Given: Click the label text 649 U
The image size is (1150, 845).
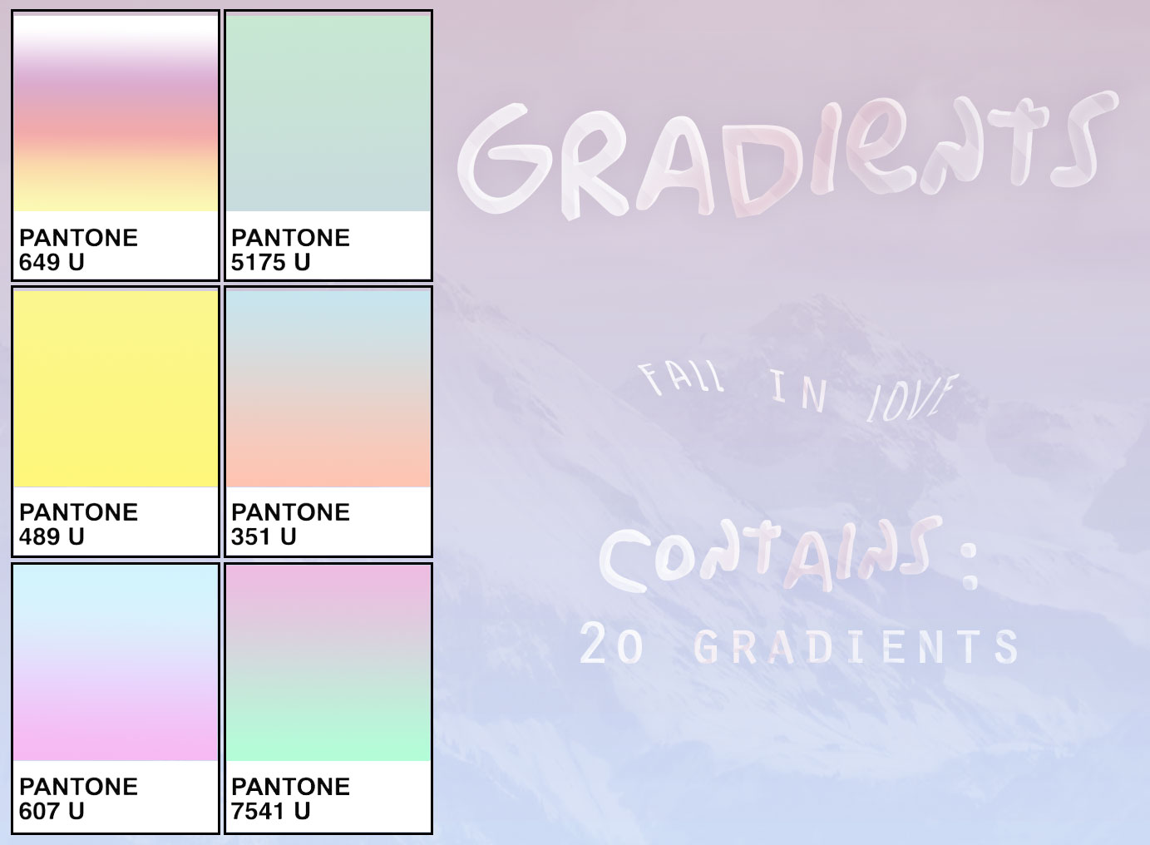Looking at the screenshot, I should click(x=52, y=263).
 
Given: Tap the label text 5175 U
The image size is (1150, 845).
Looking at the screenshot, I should click(x=270, y=263).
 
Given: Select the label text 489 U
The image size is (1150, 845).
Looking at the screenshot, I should click(x=52, y=537).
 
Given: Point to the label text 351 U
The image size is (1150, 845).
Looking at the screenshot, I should click(x=264, y=537).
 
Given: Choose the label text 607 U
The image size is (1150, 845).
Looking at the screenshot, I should click(x=52, y=812).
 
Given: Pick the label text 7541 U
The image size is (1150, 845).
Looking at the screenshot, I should click(x=270, y=812).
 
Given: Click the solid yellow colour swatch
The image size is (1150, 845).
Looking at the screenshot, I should click(x=116, y=388).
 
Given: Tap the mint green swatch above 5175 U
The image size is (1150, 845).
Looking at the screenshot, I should click(x=328, y=113).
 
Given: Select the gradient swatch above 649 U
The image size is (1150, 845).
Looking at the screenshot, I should click(x=116, y=113).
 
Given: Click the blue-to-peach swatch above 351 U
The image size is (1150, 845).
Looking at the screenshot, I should click(x=328, y=388).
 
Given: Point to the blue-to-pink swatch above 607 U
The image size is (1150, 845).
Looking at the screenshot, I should click(x=116, y=662).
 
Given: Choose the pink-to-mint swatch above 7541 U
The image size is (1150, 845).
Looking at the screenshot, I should click(x=328, y=662).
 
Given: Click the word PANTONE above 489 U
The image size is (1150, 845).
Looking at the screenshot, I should click(x=78, y=512).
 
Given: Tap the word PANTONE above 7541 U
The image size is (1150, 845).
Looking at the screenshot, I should click(x=290, y=787).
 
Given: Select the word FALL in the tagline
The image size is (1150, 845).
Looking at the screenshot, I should click(x=681, y=379).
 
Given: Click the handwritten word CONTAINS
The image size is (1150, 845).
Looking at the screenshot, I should click(x=769, y=556).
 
